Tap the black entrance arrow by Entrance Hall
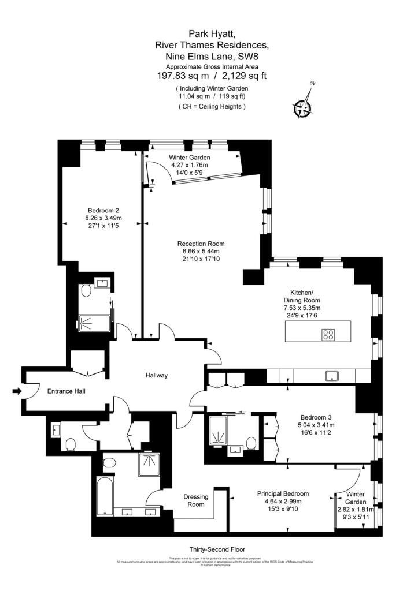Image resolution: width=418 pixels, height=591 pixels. click(x=17, y=391)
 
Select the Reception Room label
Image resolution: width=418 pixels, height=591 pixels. click(x=201, y=243)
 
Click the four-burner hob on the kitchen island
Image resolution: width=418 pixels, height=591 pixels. click(x=328, y=335)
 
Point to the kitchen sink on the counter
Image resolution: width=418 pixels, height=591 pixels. click(x=332, y=376)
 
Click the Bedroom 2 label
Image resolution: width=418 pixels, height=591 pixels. click(x=103, y=210)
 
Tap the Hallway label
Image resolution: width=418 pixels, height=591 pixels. click(x=156, y=376)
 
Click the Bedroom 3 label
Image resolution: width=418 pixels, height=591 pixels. click(x=316, y=417)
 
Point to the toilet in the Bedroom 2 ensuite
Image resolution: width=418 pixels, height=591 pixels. click(x=85, y=293)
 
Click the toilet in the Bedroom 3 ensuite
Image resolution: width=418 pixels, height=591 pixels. click(x=251, y=443)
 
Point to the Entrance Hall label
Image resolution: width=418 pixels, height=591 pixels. click(x=66, y=392)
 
